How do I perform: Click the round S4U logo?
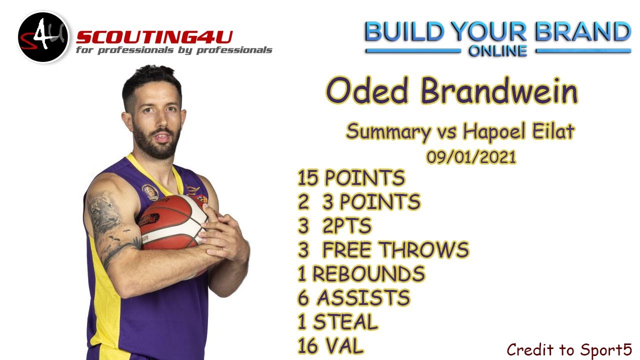coord(43,37)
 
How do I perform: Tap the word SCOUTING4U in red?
coord(154,37)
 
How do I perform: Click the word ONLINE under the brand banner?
coord(497,51)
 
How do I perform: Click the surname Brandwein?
coord(499,91)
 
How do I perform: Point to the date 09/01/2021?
coord(471,157)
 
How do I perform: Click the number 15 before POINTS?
coord(308,178)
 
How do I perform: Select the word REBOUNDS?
coord(368,274)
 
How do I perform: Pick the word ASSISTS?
coord(363,298)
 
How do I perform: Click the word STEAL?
coord(345,322)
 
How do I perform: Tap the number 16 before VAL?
coord(308,346)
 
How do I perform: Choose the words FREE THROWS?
coord(395,249)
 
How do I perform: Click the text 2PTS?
coord(346,226)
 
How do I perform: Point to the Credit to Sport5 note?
coord(569,349)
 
